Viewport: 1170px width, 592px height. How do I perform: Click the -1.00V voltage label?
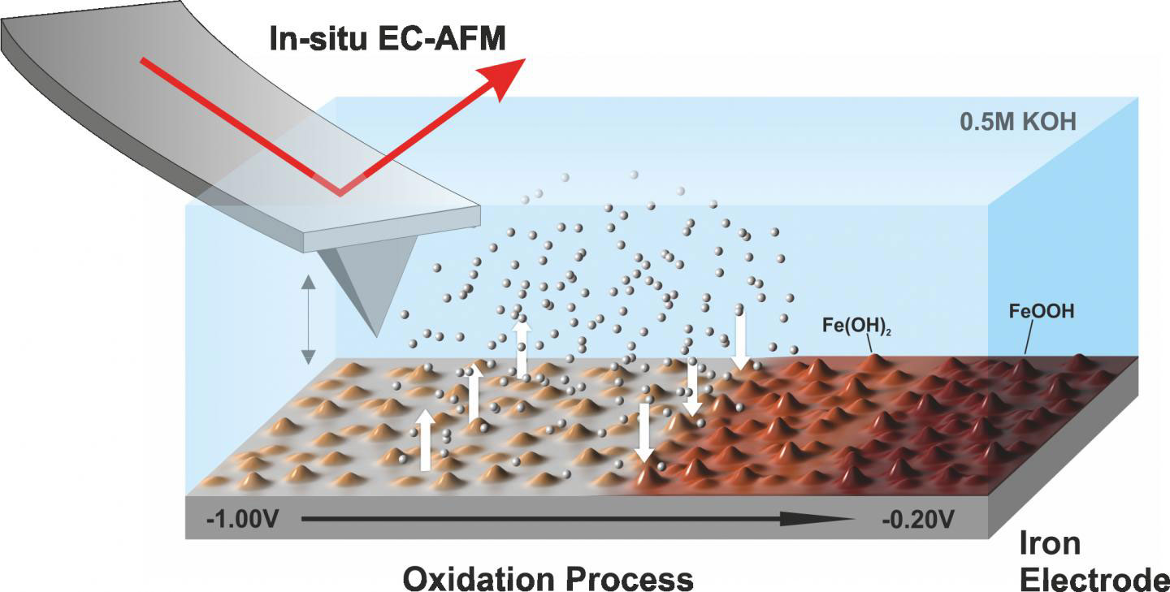[x=241, y=517]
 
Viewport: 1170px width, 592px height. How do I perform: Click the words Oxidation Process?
[x=548, y=578]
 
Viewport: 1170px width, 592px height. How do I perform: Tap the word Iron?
[x=1051, y=542]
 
